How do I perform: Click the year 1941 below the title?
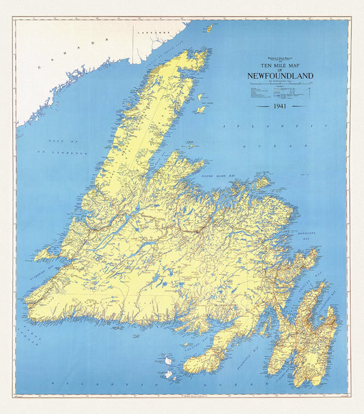279,107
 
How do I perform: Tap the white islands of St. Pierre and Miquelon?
166,365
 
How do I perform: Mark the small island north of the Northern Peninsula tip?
209,28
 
